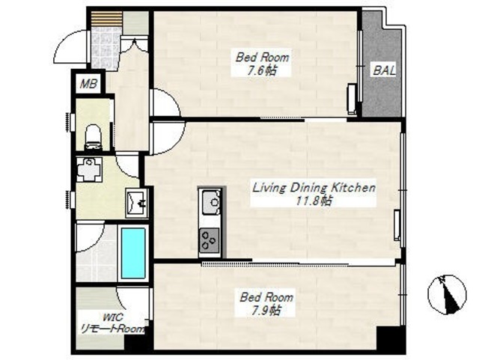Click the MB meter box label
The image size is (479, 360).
(88, 84)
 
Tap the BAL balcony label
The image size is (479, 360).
(384, 70)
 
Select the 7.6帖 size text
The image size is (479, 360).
(262, 71)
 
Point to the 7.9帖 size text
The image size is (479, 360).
(264, 310)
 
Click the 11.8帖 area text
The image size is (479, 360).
(314, 201)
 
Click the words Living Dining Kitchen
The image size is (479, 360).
(314, 187)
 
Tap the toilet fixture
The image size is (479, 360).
(94, 137)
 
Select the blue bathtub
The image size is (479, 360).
(133, 253)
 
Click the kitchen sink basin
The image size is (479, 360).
(210, 201)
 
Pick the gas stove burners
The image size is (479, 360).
(210, 240)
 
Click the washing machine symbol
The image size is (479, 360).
(88, 170)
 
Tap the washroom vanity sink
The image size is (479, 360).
(137, 203)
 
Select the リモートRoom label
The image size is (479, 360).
(112, 329)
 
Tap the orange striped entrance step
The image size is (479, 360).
(106, 19)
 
